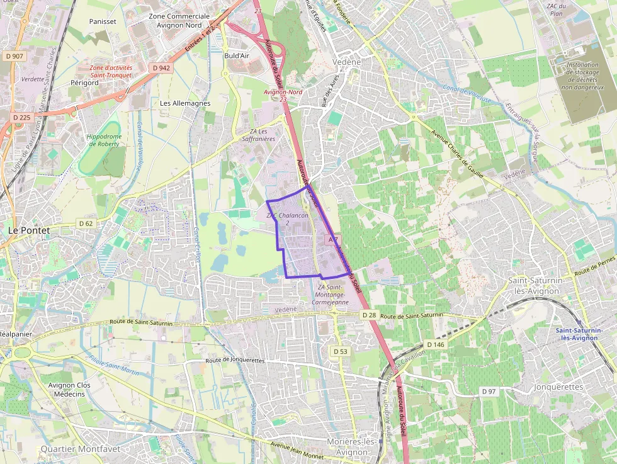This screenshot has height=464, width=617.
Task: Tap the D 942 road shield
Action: click(161, 67)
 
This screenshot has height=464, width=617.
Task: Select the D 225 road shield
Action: click(21, 117)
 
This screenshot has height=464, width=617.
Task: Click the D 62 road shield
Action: click(86, 224)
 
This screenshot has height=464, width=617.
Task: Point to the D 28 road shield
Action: click(369, 314)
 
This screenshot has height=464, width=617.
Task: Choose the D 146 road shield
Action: click(435, 344)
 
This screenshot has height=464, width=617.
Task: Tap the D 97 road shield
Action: click(489, 391)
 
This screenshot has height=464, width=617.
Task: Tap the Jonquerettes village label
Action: click(558, 387)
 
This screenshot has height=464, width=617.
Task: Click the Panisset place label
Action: click(103, 21)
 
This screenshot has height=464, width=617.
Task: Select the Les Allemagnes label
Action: click(185, 103)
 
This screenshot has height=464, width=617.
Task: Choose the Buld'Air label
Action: click(237, 55)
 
